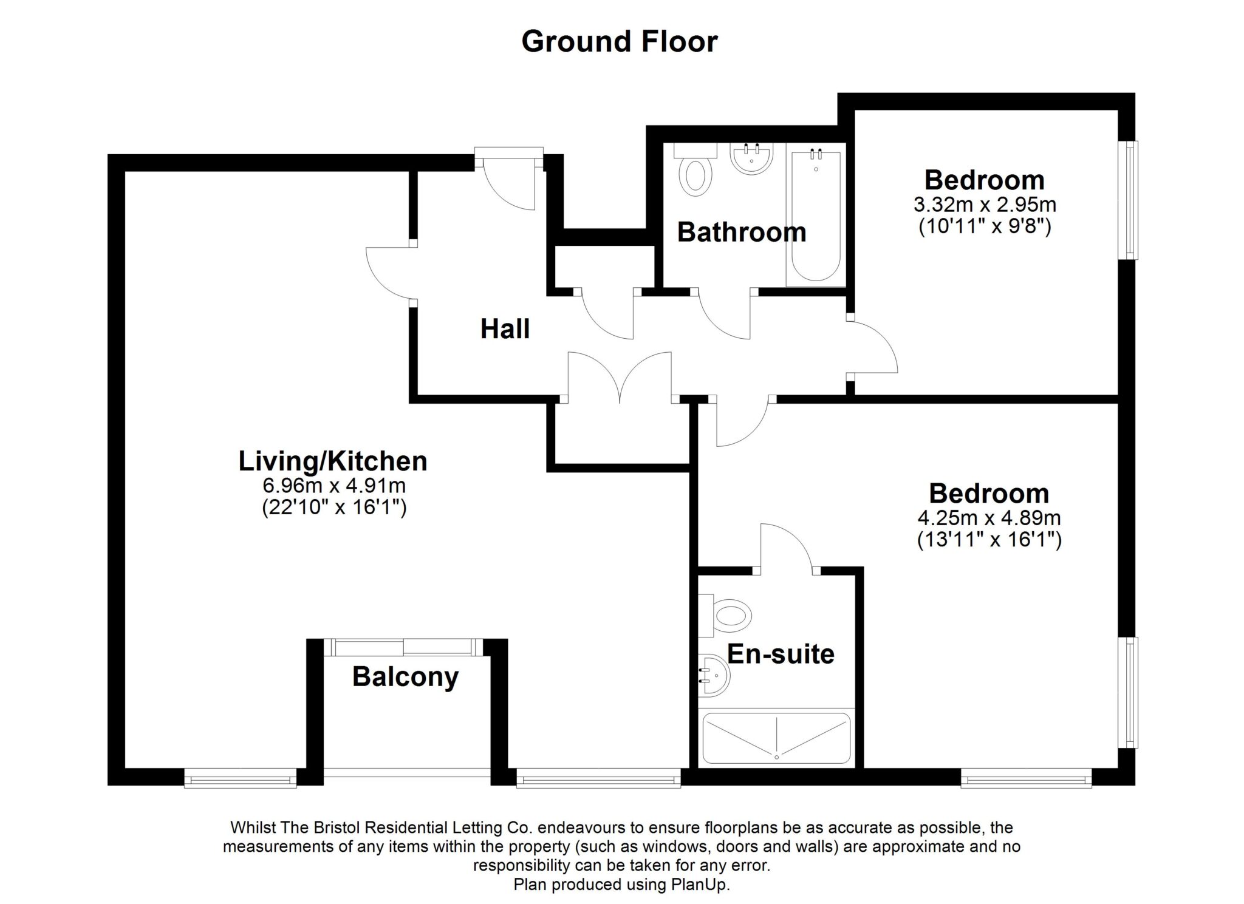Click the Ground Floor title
620,42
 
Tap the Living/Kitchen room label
333,461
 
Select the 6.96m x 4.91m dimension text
333,486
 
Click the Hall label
505,329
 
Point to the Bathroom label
741,233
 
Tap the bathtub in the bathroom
816,216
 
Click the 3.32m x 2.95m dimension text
985,204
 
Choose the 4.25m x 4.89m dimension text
989,518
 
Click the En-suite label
781,654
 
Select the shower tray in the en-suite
776,738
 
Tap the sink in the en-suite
715,675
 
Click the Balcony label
405,676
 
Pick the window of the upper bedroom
1129,200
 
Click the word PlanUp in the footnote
700,885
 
